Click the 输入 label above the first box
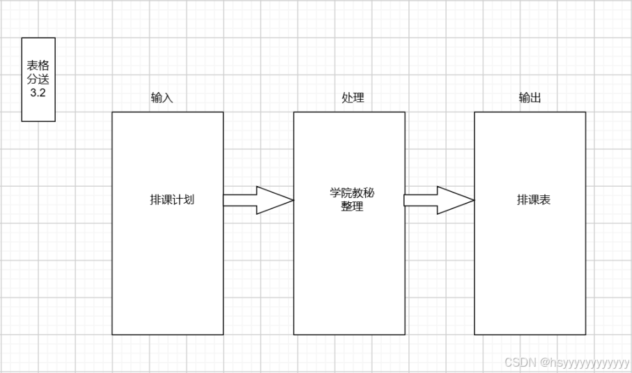[162, 98]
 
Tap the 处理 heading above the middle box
[353, 98]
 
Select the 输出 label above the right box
[530, 98]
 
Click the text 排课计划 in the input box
[171, 200]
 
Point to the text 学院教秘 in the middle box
[352, 193]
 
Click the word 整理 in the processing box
[352, 207]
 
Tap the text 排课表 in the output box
[534, 200]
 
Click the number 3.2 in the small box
[38, 93]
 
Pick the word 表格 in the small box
[38, 66]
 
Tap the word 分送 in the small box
[38, 79]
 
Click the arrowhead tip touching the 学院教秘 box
[291, 200]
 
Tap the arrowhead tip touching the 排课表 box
[472, 200]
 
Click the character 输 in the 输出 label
[524, 98]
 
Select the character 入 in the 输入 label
[167, 98]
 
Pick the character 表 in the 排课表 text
[545, 200]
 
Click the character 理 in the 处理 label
[358, 98]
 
